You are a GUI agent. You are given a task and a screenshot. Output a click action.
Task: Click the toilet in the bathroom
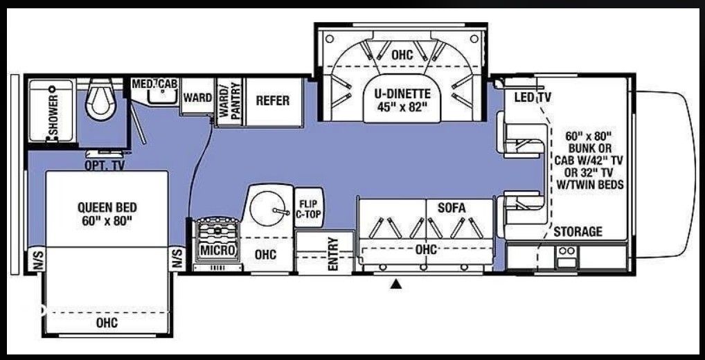[x=99, y=99]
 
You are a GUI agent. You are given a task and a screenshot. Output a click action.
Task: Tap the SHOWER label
[x=54, y=115]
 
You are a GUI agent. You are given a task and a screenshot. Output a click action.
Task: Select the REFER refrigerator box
[x=273, y=102]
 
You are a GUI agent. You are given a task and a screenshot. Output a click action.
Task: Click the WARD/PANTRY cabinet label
[x=229, y=102]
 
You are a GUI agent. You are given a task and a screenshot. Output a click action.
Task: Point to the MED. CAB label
[x=154, y=84]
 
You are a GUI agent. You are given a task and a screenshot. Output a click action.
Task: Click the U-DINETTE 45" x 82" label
[x=402, y=100]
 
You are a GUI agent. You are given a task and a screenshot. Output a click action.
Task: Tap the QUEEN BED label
[x=107, y=215]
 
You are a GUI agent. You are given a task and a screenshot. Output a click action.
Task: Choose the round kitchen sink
[x=267, y=208]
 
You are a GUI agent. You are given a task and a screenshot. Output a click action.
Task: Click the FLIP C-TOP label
[x=308, y=210]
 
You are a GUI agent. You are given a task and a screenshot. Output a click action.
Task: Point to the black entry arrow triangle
[x=396, y=284]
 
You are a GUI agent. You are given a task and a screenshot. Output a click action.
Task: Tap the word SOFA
[x=451, y=208]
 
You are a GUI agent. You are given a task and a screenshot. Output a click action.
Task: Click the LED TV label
[x=533, y=97]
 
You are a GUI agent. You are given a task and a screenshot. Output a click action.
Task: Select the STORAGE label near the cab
[x=578, y=231]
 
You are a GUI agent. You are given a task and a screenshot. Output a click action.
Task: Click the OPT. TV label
[x=105, y=165]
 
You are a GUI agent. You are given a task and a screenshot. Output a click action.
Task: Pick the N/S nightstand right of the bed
[x=177, y=260]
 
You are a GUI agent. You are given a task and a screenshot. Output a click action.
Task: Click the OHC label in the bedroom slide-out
[x=107, y=322]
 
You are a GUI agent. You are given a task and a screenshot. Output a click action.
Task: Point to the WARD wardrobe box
[x=197, y=97]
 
